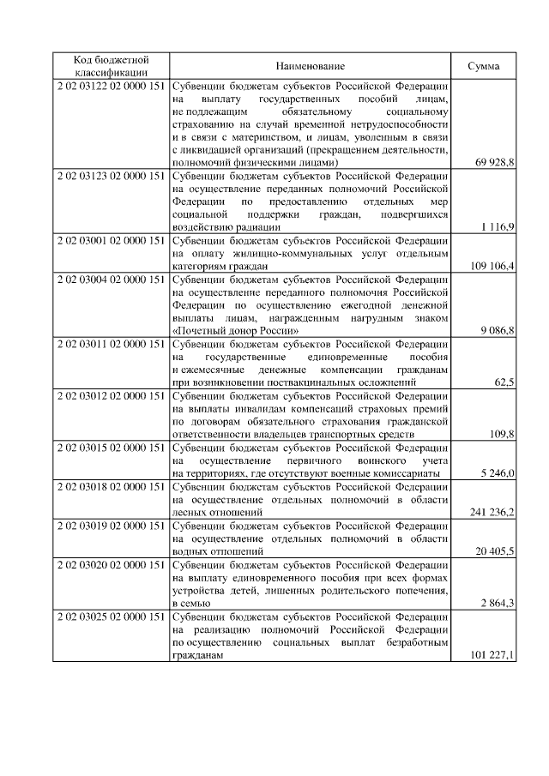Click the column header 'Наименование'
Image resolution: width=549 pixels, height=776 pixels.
click(x=311, y=66)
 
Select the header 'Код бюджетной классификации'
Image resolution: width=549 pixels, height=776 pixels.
click(x=111, y=66)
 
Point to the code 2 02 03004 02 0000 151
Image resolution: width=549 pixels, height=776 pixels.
click(x=111, y=279)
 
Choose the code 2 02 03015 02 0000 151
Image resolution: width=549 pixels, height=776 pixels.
click(x=111, y=448)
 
